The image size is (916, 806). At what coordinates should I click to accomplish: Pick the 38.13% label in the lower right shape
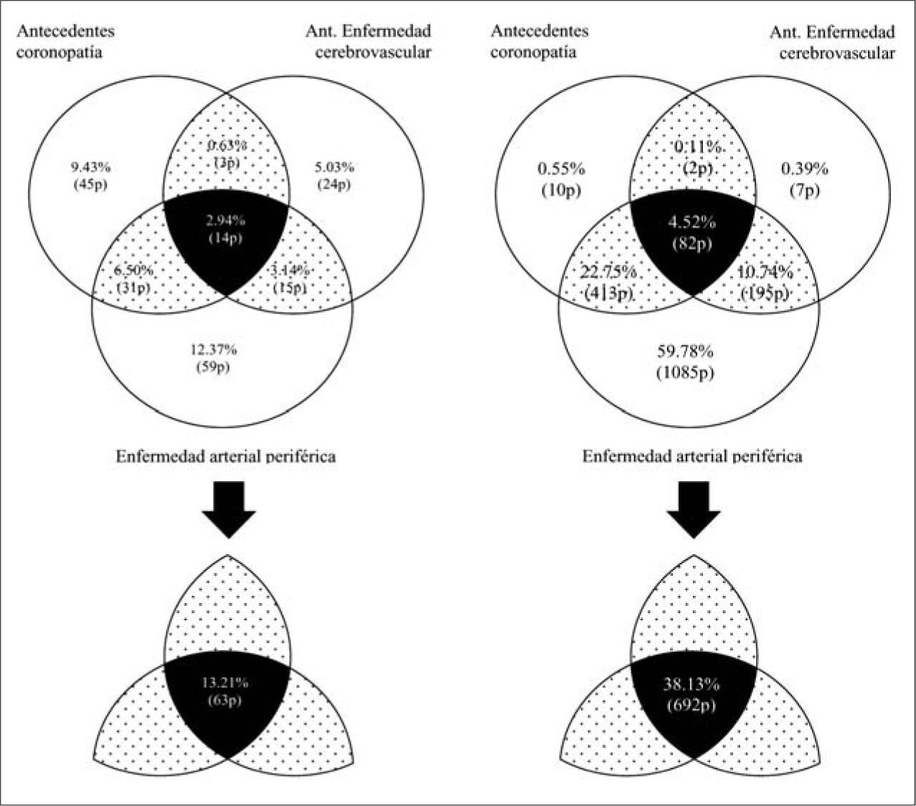[692, 685]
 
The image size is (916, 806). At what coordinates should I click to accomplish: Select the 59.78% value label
[684, 352]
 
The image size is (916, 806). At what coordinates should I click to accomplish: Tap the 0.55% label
[561, 170]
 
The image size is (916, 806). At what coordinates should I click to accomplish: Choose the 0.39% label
[803, 170]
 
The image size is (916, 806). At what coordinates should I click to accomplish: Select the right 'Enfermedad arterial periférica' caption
[691, 457]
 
